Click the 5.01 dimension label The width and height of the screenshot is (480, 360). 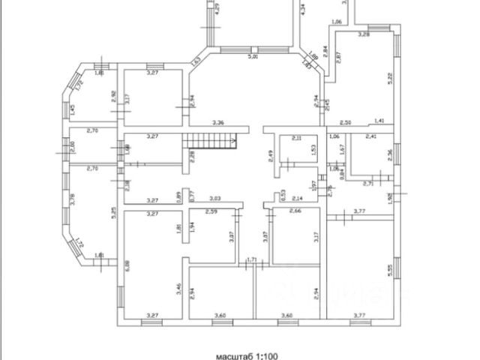(253, 56)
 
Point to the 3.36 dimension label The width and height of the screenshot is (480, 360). (218, 122)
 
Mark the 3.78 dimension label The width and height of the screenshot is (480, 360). (72, 199)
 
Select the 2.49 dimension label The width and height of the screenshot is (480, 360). (270, 157)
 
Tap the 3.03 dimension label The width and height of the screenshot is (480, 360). (215, 199)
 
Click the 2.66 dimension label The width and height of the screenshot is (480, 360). (295, 213)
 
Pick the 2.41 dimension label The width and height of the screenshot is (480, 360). (370, 136)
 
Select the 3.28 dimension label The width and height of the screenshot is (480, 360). (364, 34)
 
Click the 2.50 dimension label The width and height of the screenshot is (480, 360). (345, 122)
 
